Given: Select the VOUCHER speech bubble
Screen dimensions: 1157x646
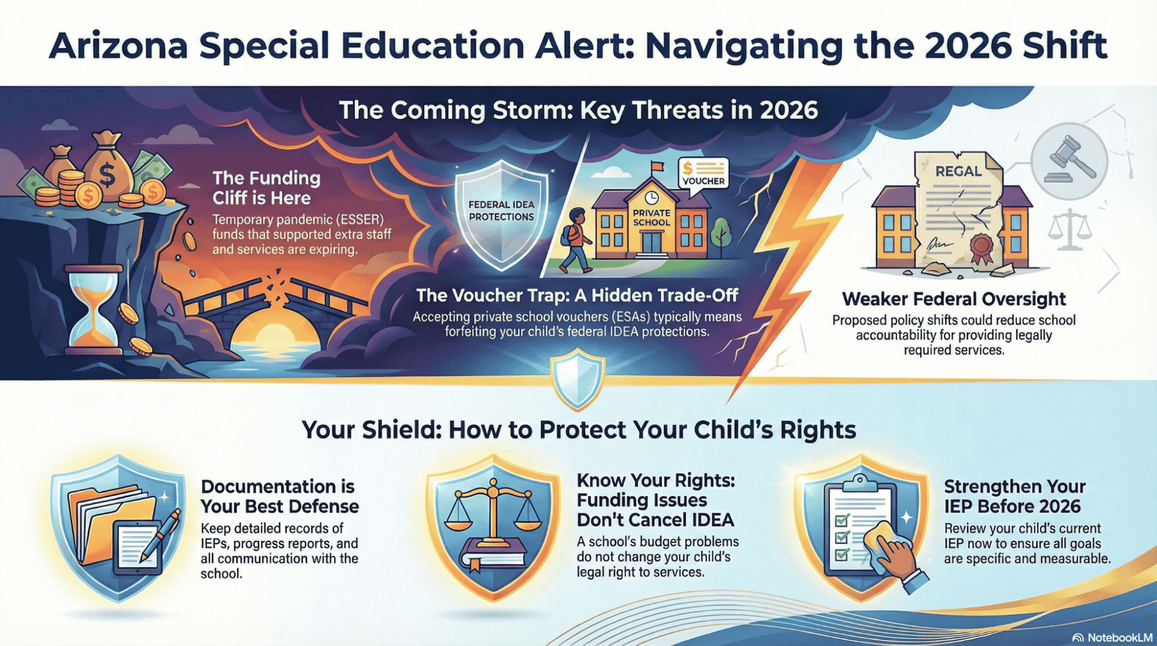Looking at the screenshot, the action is coord(703,172).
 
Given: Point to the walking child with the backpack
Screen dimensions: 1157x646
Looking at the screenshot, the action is coord(575,240).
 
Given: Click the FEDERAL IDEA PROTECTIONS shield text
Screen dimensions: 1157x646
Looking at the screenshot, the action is coord(501,211).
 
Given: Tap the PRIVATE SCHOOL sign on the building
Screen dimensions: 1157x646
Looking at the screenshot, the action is coord(651,218).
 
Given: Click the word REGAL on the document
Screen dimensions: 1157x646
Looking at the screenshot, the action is coord(958,171).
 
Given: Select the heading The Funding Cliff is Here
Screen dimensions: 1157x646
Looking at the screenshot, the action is coord(266,188).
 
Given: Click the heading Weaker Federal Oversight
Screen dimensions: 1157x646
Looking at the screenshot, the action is coord(954,299).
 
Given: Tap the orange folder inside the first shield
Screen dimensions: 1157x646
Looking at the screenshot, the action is coord(104,524).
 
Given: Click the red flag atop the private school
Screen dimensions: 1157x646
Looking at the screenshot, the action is coord(657,167).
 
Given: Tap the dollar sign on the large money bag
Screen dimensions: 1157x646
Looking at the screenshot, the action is coord(107,175).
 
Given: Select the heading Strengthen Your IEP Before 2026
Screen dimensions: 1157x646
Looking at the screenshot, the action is coord(1015,496).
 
